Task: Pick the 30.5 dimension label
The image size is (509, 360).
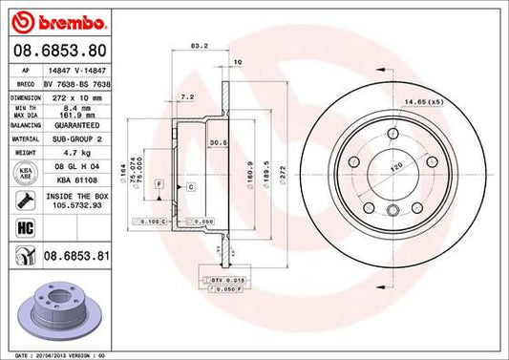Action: click(217, 143)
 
